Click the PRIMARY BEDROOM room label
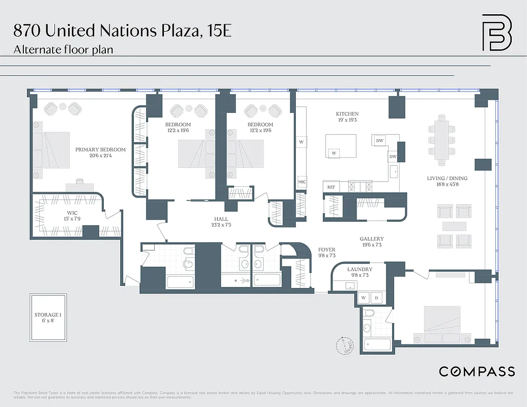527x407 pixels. [x=100, y=150]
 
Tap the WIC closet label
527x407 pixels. [x=72, y=213]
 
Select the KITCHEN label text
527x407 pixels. [x=347, y=114]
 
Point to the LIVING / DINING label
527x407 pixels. [x=447, y=179]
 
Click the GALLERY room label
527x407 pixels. [x=372, y=239]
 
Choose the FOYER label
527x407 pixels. [x=327, y=249]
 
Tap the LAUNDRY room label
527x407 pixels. [x=360, y=269]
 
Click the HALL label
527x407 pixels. [x=221, y=219]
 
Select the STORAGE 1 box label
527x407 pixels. [x=47, y=315]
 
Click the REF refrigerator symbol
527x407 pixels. [x=331, y=187]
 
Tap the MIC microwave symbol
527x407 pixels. [x=301, y=181]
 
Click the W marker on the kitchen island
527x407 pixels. [x=334, y=153]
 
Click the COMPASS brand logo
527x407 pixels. [x=477, y=371]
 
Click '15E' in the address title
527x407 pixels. [x=219, y=31]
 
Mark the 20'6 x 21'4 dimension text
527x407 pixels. [x=100, y=156]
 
